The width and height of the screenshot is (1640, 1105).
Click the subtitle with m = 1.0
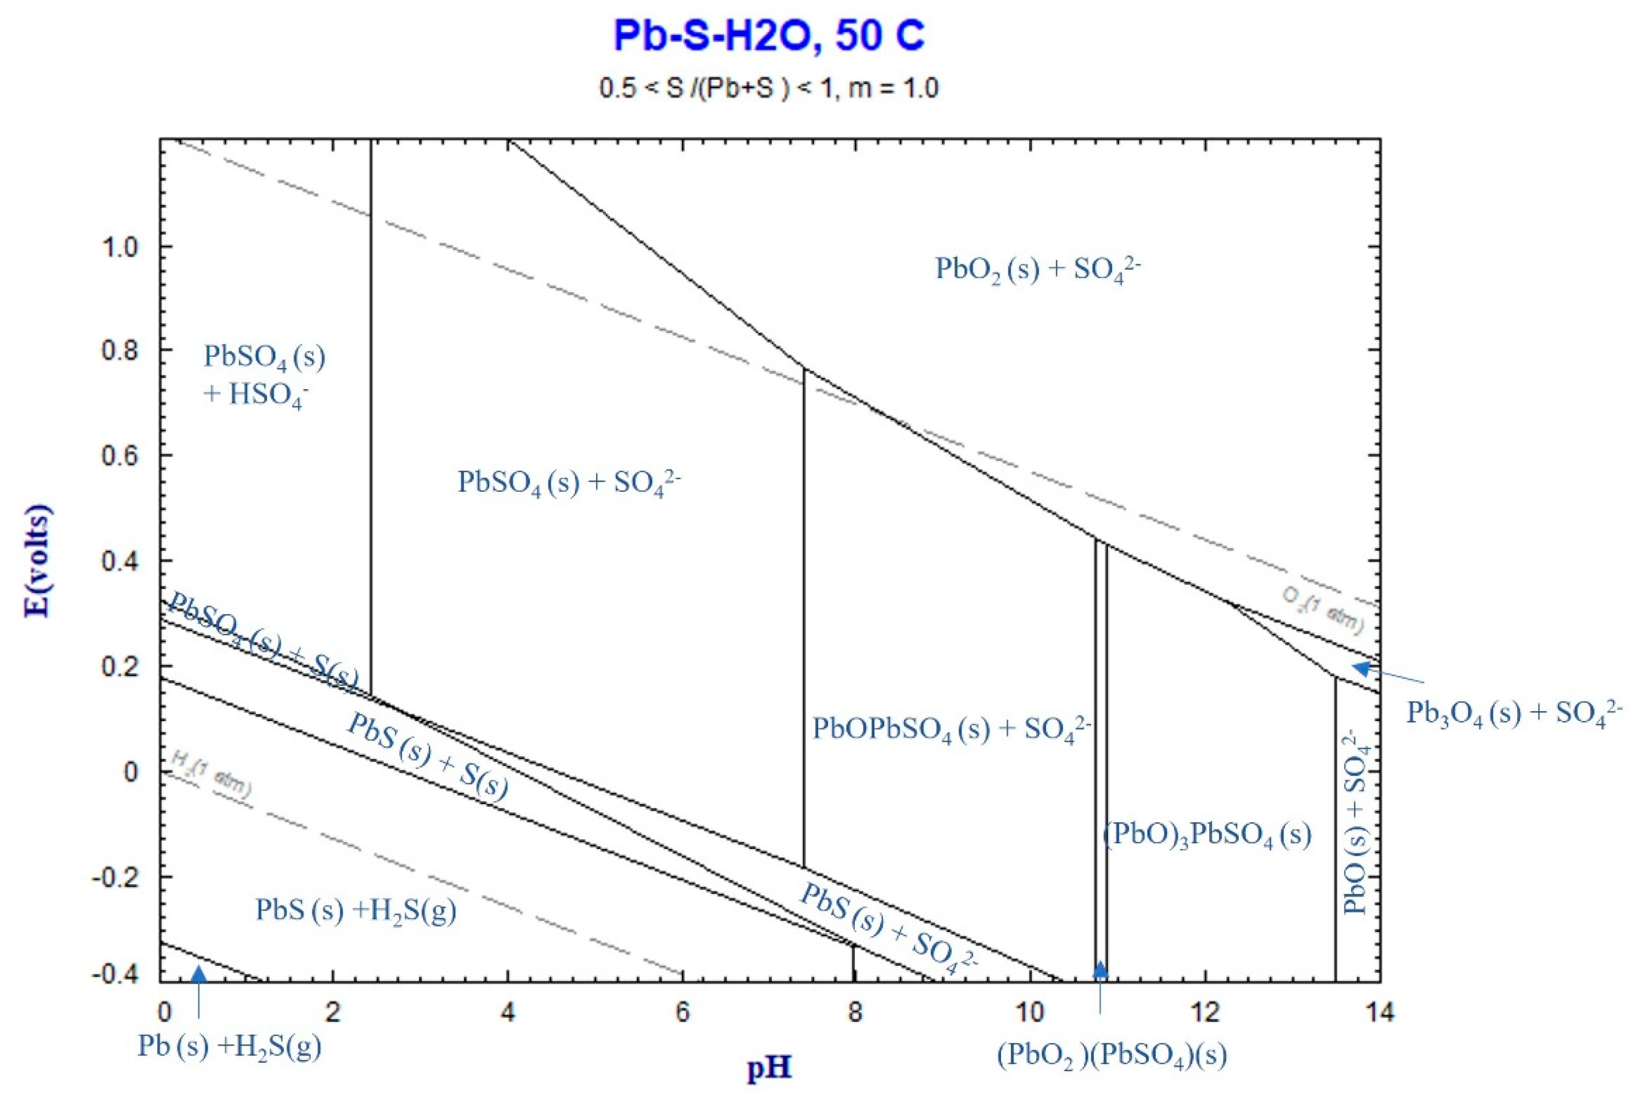coord(769,89)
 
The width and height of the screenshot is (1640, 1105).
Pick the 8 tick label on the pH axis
coord(854,1013)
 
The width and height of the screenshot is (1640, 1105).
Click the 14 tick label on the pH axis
coord(1379,1013)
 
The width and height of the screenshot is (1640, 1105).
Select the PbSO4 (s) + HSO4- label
coord(264,375)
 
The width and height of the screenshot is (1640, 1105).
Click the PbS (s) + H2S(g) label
coord(355,910)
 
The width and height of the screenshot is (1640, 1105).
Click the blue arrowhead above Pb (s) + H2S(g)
coord(199,973)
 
